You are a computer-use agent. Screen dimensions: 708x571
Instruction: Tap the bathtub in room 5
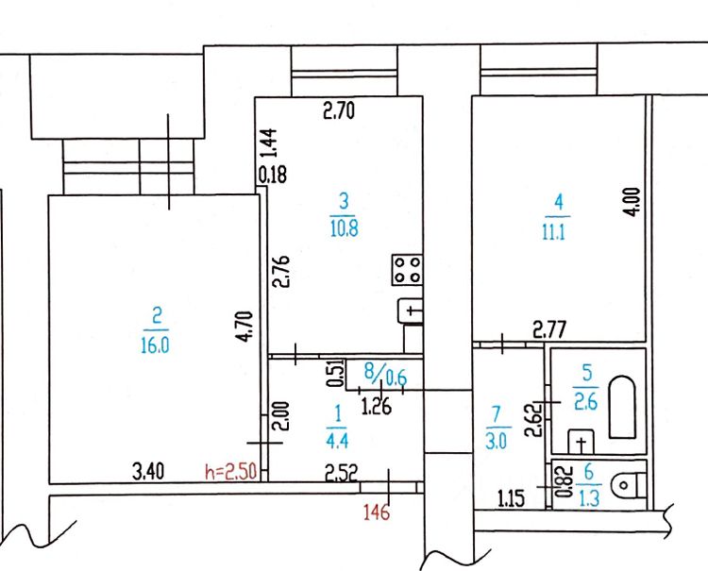620,407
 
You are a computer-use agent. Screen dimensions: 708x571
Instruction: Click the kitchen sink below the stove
412,309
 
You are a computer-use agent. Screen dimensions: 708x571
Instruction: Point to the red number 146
377,512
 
